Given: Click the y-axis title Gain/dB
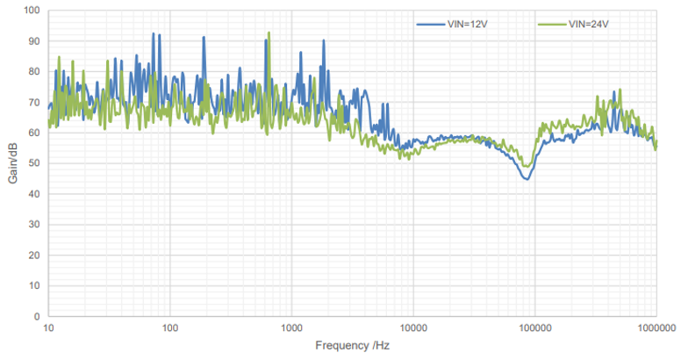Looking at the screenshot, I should pyautogui.click(x=12, y=163).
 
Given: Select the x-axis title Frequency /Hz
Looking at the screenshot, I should pyautogui.click(x=352, y=346).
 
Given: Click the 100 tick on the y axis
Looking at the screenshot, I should pyautogui.click(x=32, y=11).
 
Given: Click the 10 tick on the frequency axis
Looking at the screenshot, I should pyautogui.click(x=49, y=327).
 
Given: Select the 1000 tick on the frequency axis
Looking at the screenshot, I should pyautogui.click(x=291, y=327).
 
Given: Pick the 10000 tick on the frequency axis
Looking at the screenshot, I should pyautogui.click(x=412, y=327).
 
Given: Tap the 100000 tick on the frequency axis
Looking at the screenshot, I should pyautogui.click(x=534, y=327).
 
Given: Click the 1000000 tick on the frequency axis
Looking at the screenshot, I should pyautogui.click(x=656, y=327).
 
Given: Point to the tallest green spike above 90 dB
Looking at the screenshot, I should pyautogui.click(x=269, y=33).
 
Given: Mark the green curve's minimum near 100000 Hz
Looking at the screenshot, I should pyautogui.click(x=527, y=166).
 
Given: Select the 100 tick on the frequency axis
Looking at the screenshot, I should pyautogui.click(x=170, y=327).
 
